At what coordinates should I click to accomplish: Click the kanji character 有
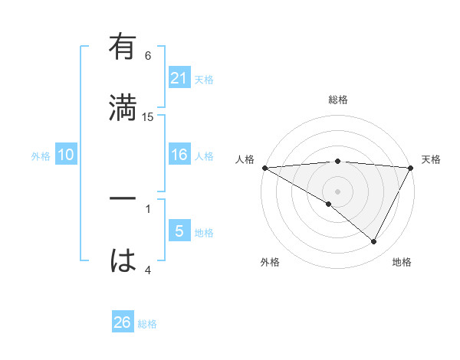pos(123,47)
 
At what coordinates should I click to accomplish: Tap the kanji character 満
pos(123,107)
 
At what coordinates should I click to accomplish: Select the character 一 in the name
pos(123,198)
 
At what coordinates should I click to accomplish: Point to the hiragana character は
pos(123,260)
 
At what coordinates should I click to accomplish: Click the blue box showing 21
pos(179,78)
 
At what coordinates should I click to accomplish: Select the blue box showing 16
pos(179,155)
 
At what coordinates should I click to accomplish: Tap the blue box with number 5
pos(179,231)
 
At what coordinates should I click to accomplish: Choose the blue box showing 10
pos(66,155)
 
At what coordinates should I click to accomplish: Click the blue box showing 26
pos(123,322)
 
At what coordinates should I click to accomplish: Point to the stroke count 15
pos(148,116)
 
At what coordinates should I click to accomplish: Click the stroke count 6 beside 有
pos(148,55)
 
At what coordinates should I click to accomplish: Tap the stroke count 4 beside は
pos(148,269)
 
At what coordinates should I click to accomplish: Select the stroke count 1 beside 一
pos(148,208)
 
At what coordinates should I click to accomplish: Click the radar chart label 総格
pos(337,100)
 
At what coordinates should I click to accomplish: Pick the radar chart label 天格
pos(431,159)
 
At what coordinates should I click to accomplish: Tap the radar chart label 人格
pos(245,159)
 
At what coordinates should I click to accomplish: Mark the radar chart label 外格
pos(269,262)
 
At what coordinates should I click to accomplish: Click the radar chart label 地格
pos(402,262)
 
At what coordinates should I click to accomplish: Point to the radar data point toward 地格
pos(374,242)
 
